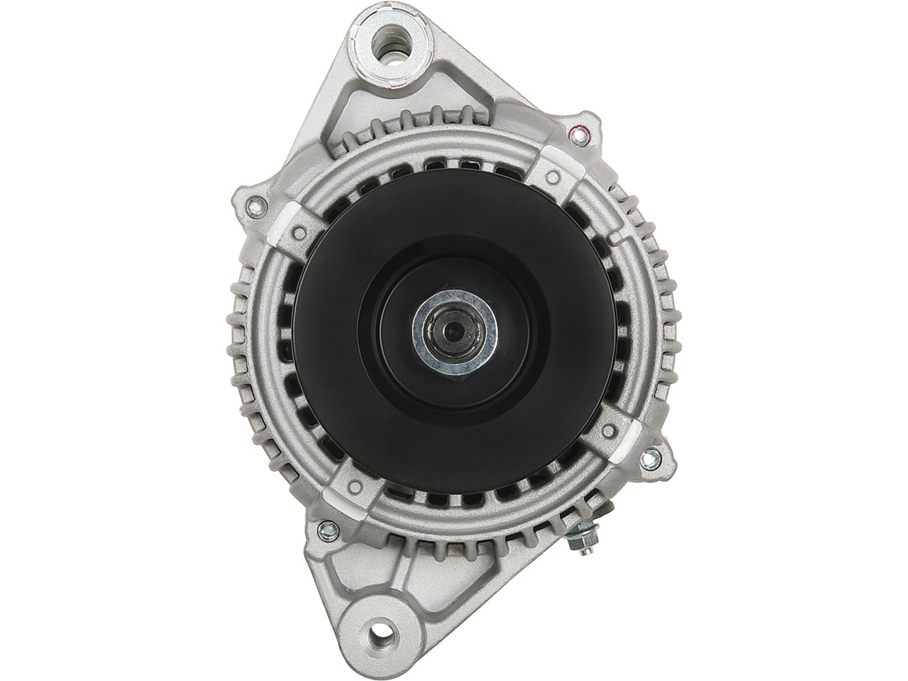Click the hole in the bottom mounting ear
pos(381,631)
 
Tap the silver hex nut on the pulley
pos(454,333)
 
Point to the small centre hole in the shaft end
pos(454,332)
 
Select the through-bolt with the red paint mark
pos(578,135)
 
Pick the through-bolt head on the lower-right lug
pos(650,459)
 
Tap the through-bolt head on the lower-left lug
pos(328,531)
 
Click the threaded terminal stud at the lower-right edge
pos(583,537)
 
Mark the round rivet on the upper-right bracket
pos(553,177)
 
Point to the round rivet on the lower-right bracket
pos(609,430)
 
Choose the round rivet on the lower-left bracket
pos(355,486)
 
